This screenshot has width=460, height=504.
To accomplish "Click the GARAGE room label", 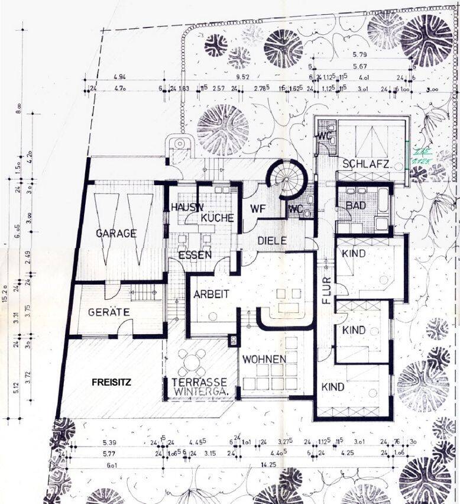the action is coord(116,234).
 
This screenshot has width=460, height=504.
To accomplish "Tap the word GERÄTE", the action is coord(109,312).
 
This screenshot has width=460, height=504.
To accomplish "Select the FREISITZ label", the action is coord(111,382).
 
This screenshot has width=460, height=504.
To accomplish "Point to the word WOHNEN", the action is coord(264,359).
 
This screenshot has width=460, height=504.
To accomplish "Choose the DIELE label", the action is coord(272,241).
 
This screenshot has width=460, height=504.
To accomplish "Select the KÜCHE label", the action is coord(216,218).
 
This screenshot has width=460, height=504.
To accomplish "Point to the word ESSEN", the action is coord(195,255).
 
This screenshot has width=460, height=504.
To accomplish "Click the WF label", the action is coord(257,208).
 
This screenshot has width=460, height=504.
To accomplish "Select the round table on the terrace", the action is coord(192,360).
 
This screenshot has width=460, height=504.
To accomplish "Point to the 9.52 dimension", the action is coord(241,77).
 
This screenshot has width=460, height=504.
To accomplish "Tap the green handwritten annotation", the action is coord(422,155).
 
